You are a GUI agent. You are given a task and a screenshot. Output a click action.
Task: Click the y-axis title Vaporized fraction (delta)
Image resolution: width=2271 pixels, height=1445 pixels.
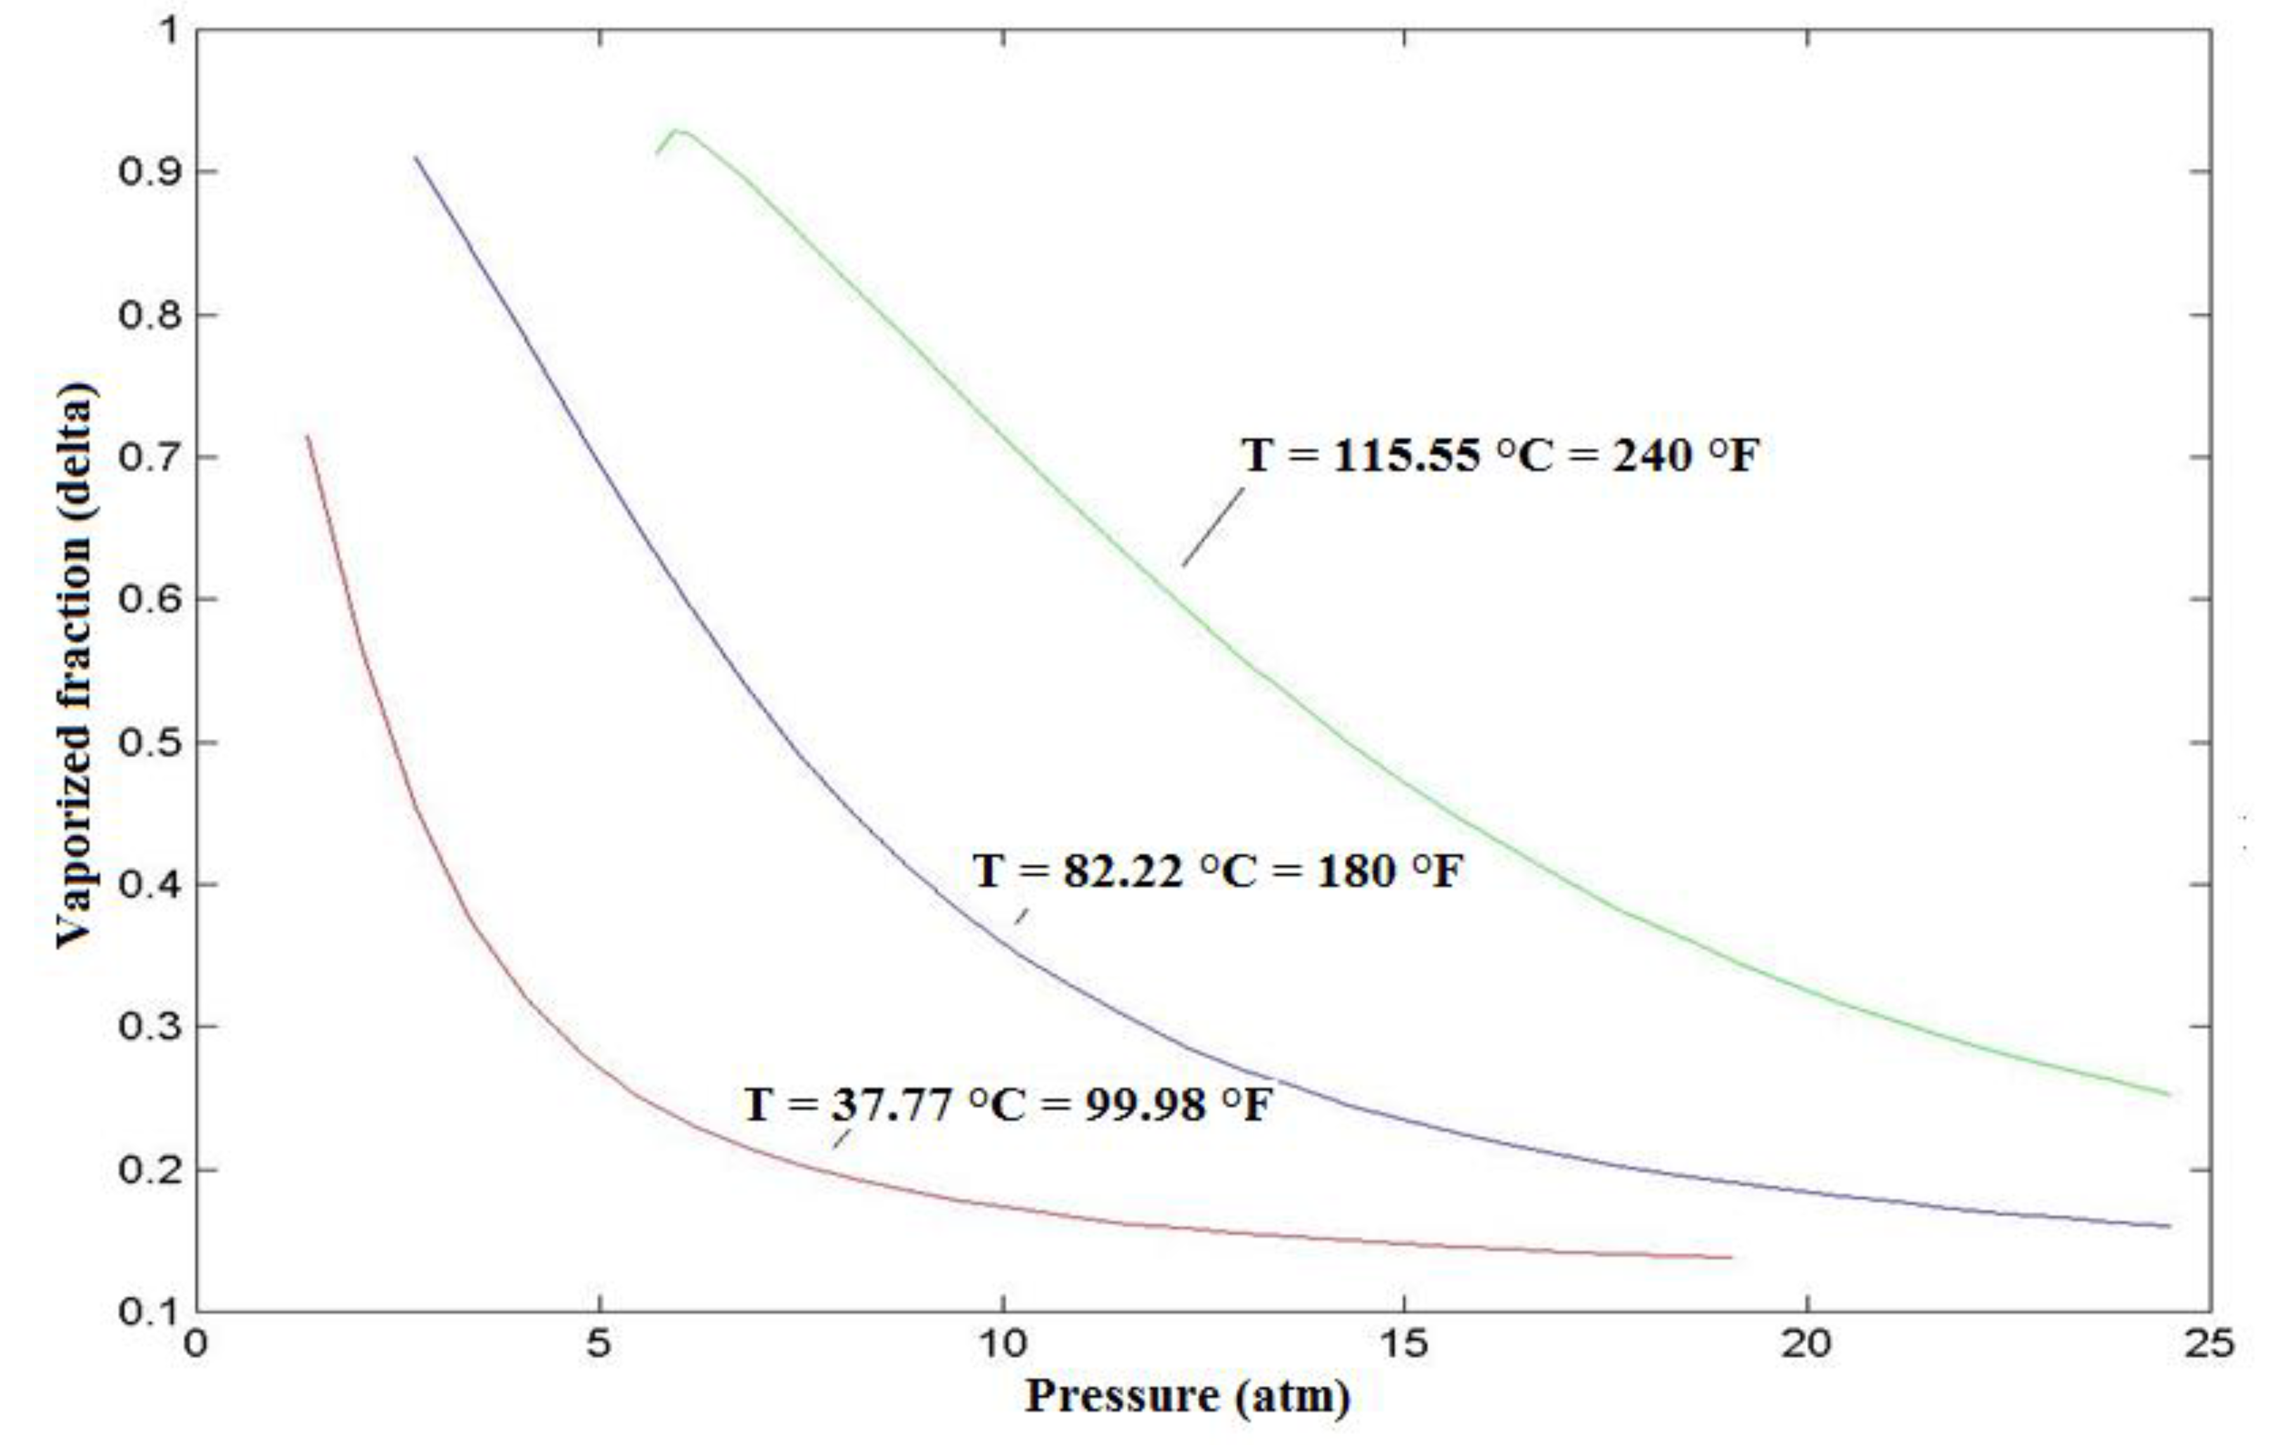coord(75,666)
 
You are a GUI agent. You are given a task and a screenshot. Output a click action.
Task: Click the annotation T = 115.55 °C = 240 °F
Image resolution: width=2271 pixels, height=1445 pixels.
coord(1500,457)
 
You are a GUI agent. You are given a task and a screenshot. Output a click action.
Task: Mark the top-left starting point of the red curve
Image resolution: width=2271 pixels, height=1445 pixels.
coord(307,436)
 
